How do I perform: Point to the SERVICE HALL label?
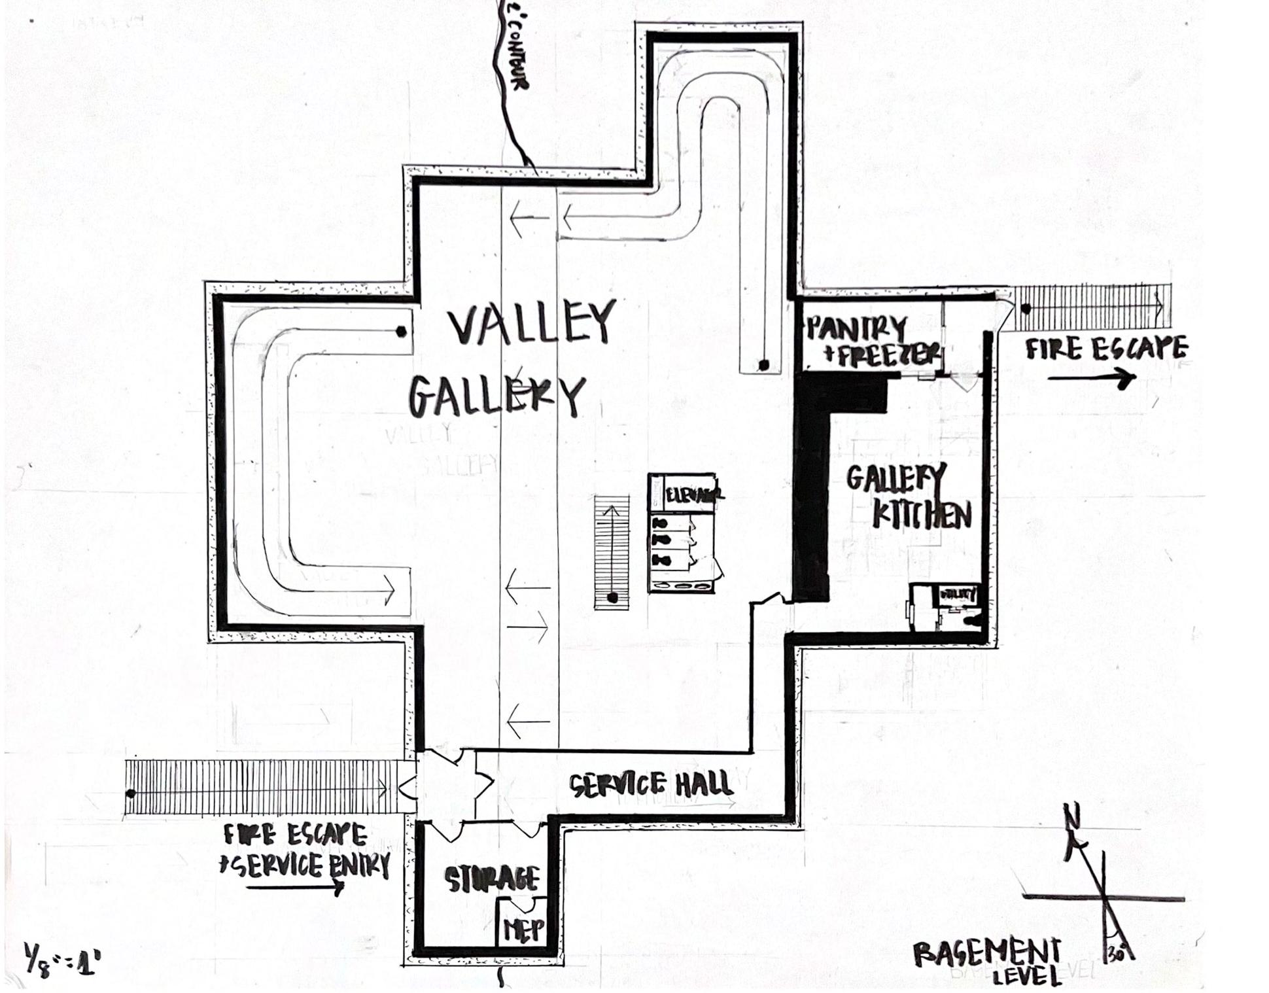[x=650, y=784]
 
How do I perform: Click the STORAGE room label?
[x=492, y=879]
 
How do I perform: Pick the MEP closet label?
[x=523, y=929]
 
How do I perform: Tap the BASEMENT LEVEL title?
[x=988, y=960]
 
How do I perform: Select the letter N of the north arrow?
[x=1071, y=817]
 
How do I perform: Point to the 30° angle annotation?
[x=1117, y=953]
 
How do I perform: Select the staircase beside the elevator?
[x=612, y=553]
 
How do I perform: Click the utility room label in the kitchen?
[x=958, y=595]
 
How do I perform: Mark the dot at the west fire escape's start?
[x=131, y=793]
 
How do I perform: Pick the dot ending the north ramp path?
[x=763, y=364]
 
